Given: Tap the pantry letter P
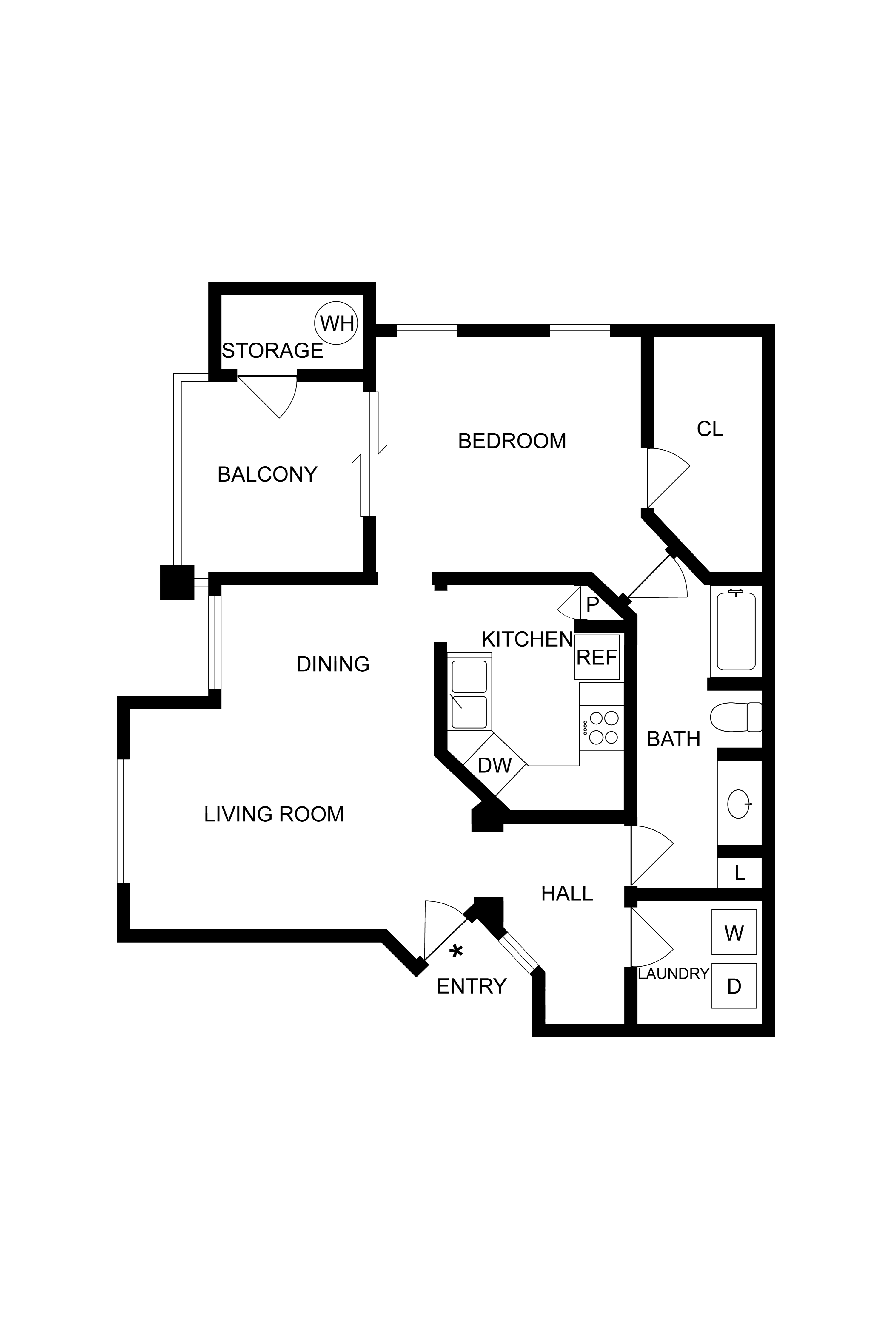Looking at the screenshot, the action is (x=592, y=604).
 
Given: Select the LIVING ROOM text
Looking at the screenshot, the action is (x=274, y=814).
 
